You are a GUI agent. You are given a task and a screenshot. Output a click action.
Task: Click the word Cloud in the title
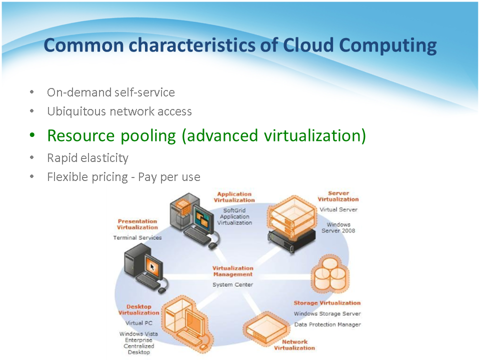pyautogui.click(x=308, y=45)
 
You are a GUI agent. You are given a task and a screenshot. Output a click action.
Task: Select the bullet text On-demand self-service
pyautogui.click(x=111, y=92)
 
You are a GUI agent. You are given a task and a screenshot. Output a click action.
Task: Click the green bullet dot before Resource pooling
pyautogui.click(x=32, y=135)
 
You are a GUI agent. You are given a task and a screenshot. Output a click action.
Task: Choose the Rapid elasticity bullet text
pyautogui.click(x=87, y=158)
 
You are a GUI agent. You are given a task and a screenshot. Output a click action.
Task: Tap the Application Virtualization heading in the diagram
pyautogui.click(x=234, y=197)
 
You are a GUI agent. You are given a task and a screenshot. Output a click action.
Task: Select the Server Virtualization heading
pyautogui.click(x=338, y=196)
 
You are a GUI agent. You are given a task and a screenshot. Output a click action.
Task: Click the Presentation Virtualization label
pyautogui.click(x=137, y=224)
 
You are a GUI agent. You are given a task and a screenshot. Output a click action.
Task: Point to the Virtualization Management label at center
pyautogui.click(x=232, y=271)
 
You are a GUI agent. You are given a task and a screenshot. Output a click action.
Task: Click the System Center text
pyautogui.click(x=232, y=284)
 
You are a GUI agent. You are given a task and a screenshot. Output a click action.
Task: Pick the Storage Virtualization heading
pyautogui.click(x=327, y=303)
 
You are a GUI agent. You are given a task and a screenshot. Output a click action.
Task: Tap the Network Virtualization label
pyautogui.click(x=294, y=345)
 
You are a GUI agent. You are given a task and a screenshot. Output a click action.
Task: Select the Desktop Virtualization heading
pyautogui.click(x=138, y=309)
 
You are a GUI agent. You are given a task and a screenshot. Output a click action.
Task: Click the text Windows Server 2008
pyautogui.click(x=338, y=227)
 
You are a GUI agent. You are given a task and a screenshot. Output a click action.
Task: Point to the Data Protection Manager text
pyautogui.click(x=327, y=324)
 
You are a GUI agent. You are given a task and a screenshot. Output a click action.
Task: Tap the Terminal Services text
pyautogui.click(x=137, y=237)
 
